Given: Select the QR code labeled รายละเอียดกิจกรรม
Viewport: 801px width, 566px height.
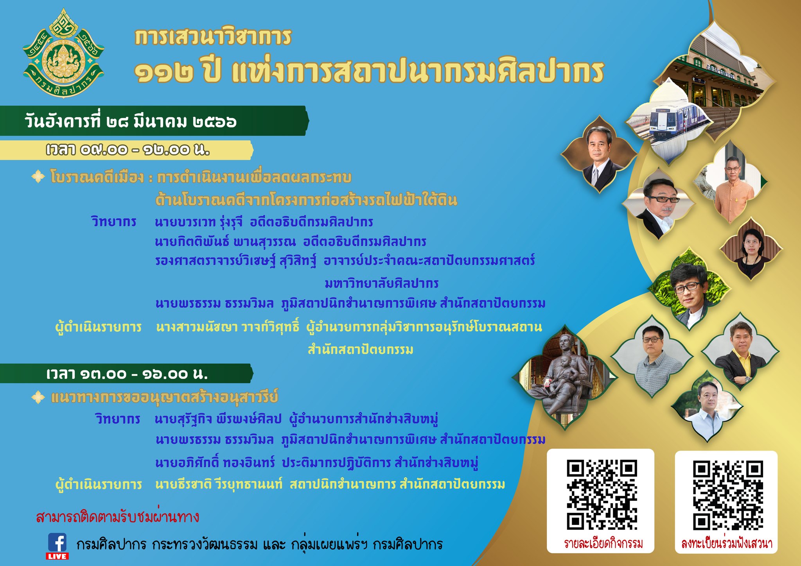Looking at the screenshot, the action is coord(602,495).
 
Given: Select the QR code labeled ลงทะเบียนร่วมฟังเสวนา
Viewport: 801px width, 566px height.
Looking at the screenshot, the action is coord(728,495).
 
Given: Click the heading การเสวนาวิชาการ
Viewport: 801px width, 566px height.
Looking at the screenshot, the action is coord(213,37).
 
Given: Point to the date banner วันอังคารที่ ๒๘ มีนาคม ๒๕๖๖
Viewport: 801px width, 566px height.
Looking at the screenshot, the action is coord(131,121).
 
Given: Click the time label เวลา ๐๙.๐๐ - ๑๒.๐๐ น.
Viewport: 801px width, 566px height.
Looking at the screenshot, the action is coord(128,150).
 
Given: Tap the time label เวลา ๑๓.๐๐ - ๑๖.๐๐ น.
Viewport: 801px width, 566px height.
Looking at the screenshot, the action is coord(127,374).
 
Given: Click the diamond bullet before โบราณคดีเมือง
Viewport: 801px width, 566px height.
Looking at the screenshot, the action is coord(38,177).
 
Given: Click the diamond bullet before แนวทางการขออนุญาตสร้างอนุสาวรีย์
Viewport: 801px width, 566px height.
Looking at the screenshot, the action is coord(38,398).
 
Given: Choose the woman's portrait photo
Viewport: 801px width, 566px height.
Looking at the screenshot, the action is coord(751,249).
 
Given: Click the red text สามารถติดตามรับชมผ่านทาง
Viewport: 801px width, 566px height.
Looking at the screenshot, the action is coord(118,517).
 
